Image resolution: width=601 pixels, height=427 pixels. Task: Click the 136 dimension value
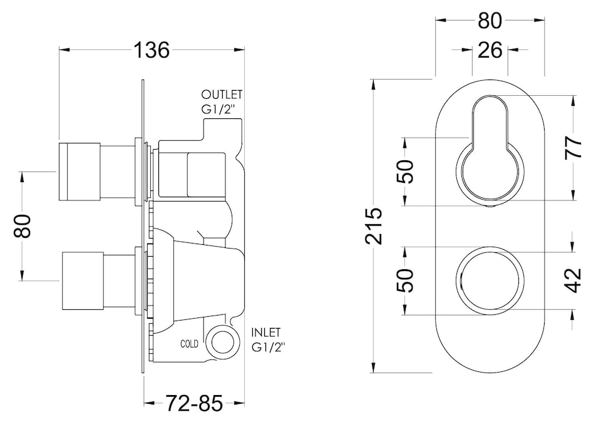coord(152,50)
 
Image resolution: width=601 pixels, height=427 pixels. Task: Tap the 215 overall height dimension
coord(374,225)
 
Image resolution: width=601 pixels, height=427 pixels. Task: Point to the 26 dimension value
coord(490,49)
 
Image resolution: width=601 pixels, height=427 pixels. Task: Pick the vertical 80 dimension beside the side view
coord(23,226)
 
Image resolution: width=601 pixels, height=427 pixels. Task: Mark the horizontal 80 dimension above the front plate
coord(490,21)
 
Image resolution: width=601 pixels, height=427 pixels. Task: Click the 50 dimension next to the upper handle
coord(406,171)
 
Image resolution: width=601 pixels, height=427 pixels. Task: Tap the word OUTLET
coord(222,95)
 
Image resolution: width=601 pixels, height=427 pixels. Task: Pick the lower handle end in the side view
coord(81,281)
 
